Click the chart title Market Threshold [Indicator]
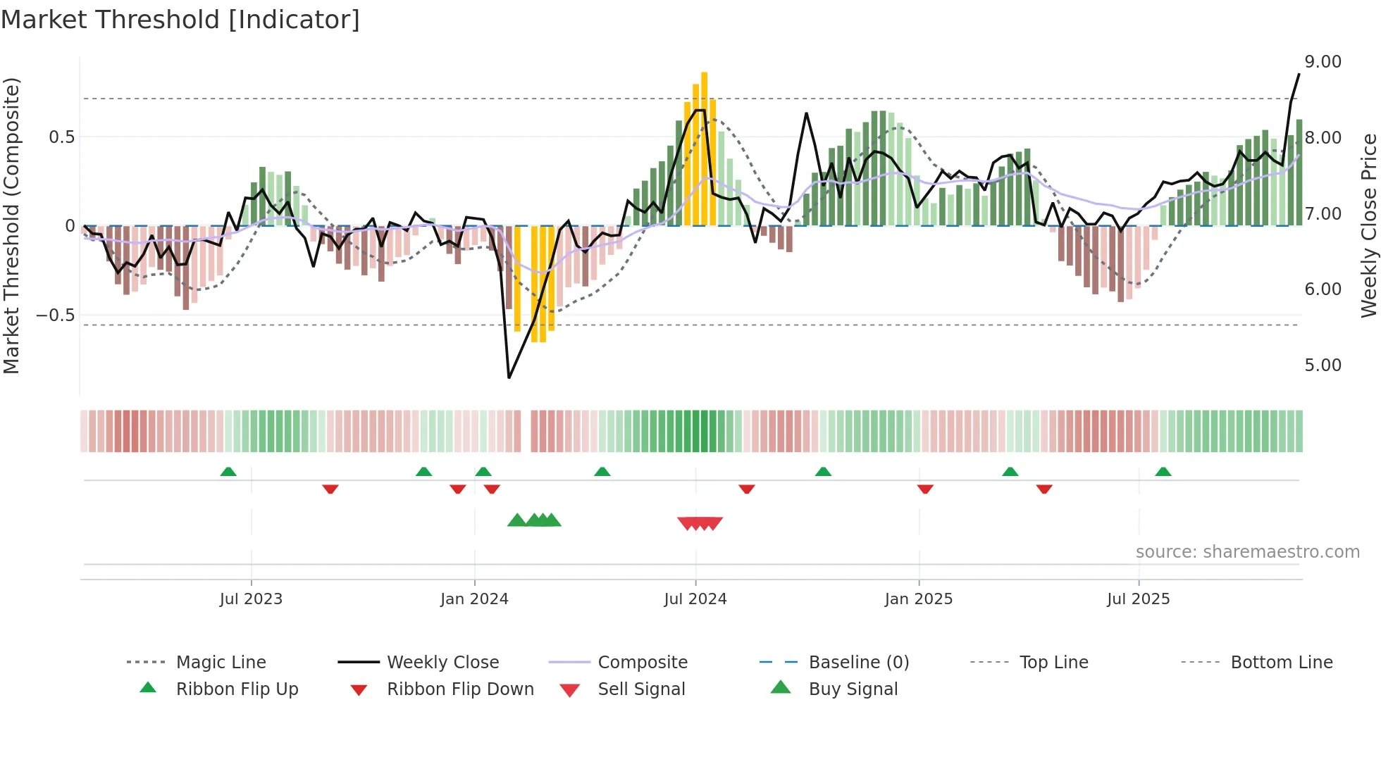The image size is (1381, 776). point(180,20)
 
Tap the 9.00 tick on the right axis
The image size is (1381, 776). point(1323,62)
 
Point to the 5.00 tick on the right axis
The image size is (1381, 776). point(1323,365)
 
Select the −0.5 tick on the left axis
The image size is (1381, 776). point(55,315)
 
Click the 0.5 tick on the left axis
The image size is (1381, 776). point(61,137)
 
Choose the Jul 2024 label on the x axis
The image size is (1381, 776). point(695,599)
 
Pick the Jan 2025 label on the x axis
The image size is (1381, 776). point(918,599)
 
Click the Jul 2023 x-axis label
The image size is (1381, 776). point(251,599)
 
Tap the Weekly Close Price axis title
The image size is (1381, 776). point(1368,225)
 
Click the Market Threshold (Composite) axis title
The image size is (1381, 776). point(11,225)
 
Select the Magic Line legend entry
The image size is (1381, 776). point(221,663)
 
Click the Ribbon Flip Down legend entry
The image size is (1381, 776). point(460,689)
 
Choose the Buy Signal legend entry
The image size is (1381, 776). point(853,689)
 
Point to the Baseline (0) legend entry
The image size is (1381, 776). point(858,663)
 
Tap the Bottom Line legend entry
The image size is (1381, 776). point(1281,663)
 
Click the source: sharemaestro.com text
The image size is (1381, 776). point(1247,552)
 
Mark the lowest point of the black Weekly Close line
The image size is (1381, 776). point(509,377)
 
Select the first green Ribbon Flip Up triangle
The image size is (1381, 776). point(228,472)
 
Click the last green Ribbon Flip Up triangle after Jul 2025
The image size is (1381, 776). point(1163,472)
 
